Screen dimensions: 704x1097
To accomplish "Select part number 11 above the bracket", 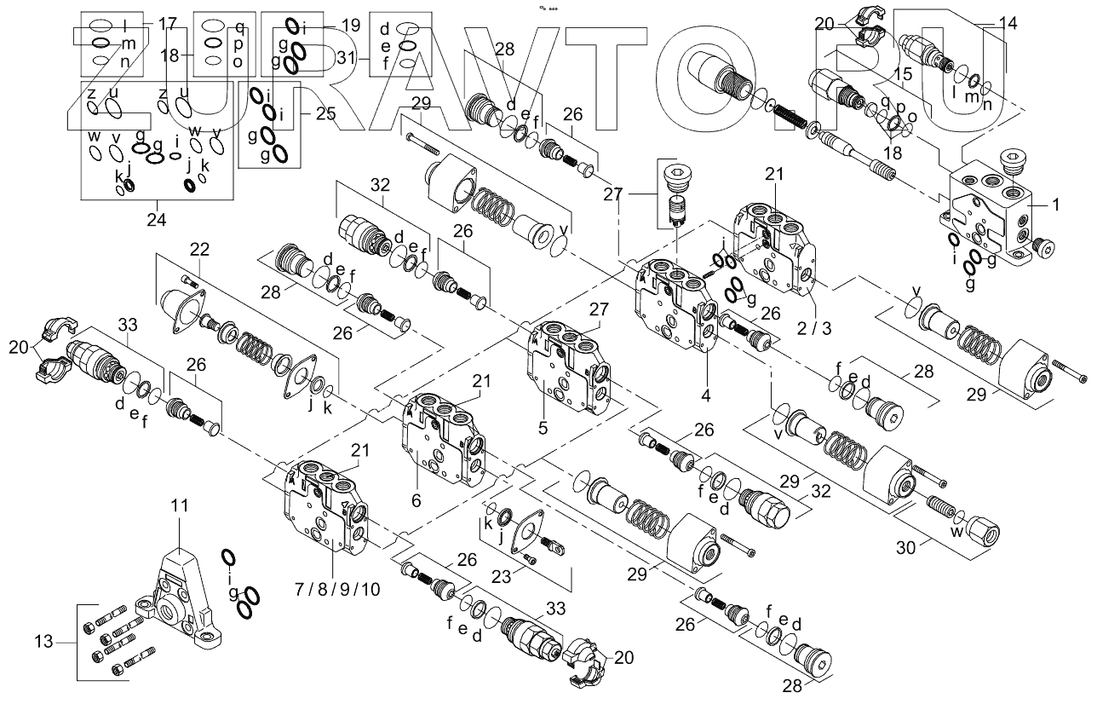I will click(179, 506).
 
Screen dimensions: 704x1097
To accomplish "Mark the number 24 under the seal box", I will click(155, 218).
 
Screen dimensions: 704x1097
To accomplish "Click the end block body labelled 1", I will click(988, 205).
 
